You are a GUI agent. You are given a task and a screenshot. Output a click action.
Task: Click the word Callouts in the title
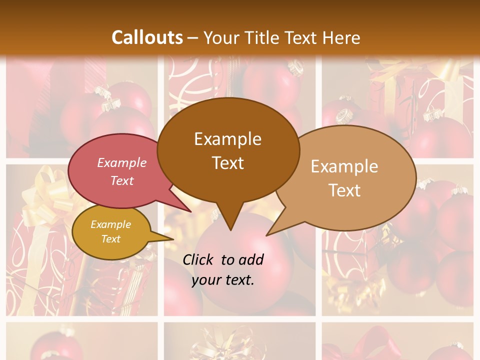point(147,37)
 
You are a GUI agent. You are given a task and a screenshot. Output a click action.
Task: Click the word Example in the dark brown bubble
point(227,139)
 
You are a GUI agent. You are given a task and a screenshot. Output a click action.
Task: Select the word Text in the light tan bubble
point(344,190)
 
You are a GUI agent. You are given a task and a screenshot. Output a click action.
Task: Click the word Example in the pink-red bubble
point(121,163)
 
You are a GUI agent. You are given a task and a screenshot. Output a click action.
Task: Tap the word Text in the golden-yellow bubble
point(110,239)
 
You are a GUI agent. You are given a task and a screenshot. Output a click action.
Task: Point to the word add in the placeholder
point(250,259)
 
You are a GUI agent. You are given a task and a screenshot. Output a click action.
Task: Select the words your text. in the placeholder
point(222,280)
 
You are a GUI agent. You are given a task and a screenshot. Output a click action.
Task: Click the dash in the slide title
point(193,37)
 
